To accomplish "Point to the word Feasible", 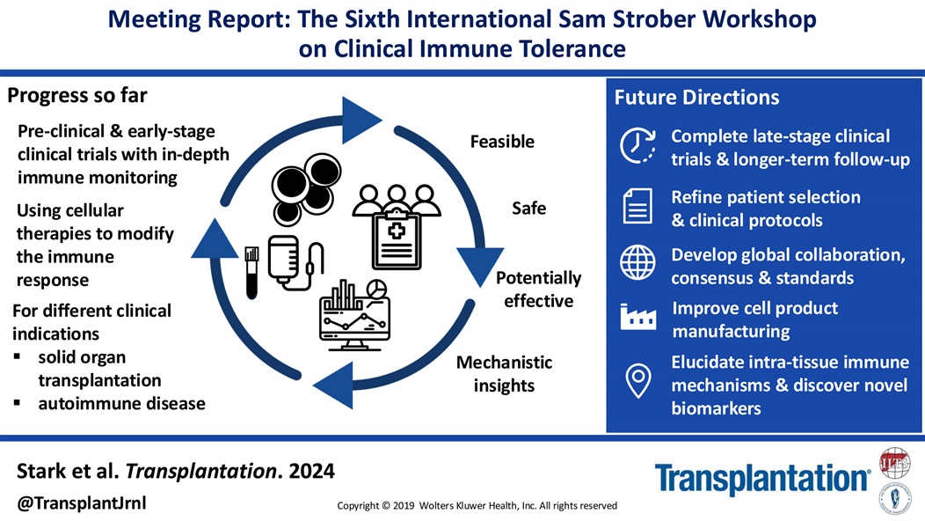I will point(502,142).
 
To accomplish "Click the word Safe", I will point(529,209).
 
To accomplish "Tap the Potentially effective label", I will point(538,290).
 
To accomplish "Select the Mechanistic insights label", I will point(505,373).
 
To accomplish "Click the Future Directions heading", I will point(696,98).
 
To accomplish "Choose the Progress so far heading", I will point(77,95).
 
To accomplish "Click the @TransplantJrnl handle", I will point(82,503).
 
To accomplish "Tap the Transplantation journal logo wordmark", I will point(761,478).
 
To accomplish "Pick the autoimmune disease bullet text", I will point(121,404).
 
